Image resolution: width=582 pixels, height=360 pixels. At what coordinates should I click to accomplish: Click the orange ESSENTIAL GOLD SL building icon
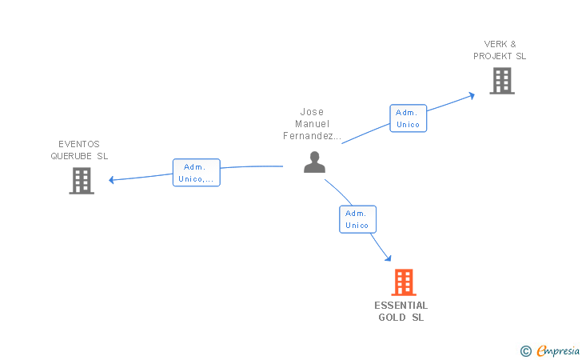(x=404, y=282)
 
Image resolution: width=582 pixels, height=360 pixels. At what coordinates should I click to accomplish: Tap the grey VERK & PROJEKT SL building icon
(x=502, y=81)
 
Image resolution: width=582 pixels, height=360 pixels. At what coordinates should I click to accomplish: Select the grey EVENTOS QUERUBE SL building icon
(x=82, y=181)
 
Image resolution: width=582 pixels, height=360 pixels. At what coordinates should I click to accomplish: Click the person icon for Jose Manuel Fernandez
(x=314, y=162)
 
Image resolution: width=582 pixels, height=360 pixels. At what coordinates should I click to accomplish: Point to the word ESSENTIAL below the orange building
(x=401, y=306)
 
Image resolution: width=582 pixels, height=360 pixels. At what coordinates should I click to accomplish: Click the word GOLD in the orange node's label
(x=392, y=318)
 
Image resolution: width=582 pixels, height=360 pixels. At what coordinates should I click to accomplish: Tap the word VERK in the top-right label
(x=495, y=44)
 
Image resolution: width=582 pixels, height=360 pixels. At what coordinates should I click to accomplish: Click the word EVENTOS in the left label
(x=79, y=144)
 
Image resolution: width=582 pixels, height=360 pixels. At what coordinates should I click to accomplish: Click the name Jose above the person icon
(x=312, y=112)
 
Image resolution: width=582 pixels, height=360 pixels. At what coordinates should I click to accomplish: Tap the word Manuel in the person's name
(x=312, y=124)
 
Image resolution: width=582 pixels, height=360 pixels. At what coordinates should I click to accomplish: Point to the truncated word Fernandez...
(x=312, y=136)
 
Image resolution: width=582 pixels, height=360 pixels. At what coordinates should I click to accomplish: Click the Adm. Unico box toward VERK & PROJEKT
(x=408, y=118)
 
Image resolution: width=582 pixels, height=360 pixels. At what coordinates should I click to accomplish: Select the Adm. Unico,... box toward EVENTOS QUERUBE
(x=196, y=173)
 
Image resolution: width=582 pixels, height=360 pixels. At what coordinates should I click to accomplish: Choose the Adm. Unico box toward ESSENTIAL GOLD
(x=357, y=219)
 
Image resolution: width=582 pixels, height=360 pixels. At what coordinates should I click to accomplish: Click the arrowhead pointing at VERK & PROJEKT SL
(x=472, y=94)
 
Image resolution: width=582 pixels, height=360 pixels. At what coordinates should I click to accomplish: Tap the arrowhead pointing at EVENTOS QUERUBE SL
(x=112, y=180)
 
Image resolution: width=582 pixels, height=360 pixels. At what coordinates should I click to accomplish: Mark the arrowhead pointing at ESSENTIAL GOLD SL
(x=388, y=258)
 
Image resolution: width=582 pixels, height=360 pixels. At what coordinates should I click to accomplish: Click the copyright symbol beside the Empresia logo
(x=525, y=350)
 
